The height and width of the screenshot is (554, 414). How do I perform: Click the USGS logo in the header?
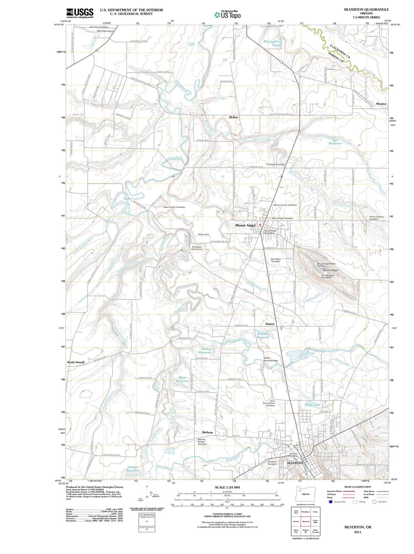[79, 13]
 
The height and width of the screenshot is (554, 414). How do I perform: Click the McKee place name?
[233, 117]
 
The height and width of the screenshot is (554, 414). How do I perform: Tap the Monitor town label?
[381, 104]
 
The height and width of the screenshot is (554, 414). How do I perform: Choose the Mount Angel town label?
[245, 225]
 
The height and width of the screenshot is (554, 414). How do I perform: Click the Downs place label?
[270, 324]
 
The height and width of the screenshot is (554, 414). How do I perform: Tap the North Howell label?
[76, 362]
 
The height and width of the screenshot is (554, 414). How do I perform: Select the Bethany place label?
[207, 432]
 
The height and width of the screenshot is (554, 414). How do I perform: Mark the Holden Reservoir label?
[132, 469]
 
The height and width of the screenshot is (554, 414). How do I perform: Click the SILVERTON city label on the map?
[295, 463]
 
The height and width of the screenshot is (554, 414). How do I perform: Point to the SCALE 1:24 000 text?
[227, 487]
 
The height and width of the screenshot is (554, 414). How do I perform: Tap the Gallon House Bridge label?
[270, 359]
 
